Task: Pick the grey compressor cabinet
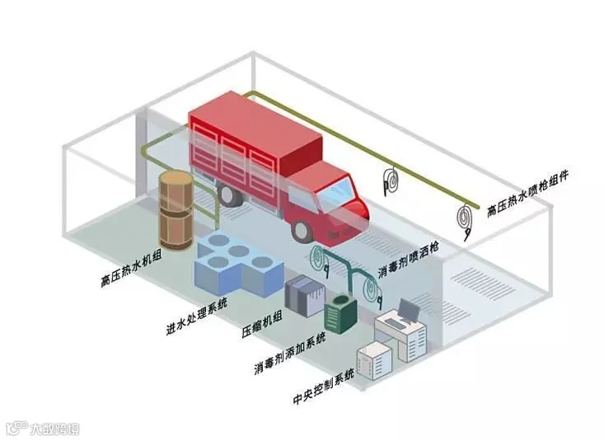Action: pos(301,294)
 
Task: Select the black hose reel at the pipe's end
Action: pos(466,218)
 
